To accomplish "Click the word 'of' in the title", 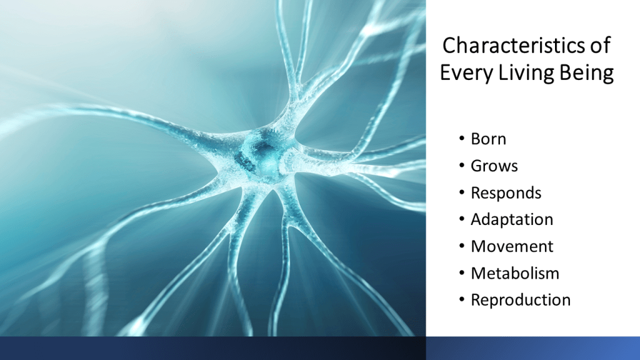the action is click(600, 45).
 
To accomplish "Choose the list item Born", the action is click(488, 139).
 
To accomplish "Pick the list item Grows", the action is click(494, 166).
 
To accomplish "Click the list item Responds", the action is click(506, 192).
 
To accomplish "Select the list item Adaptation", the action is click(512, 219).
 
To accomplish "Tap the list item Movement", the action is click(512, 246).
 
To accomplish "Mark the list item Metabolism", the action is click(515, 273).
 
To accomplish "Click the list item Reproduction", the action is click(521, 300).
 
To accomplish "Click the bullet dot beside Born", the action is click(462, 139).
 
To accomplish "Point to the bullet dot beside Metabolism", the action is click(462, 272).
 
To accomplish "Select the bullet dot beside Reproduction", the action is click(462, 299).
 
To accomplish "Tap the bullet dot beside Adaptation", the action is click(462, 219).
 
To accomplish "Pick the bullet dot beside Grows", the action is click(462, 165).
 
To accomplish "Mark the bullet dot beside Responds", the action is click(462, 192).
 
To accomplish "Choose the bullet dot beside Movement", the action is click(462, 246).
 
